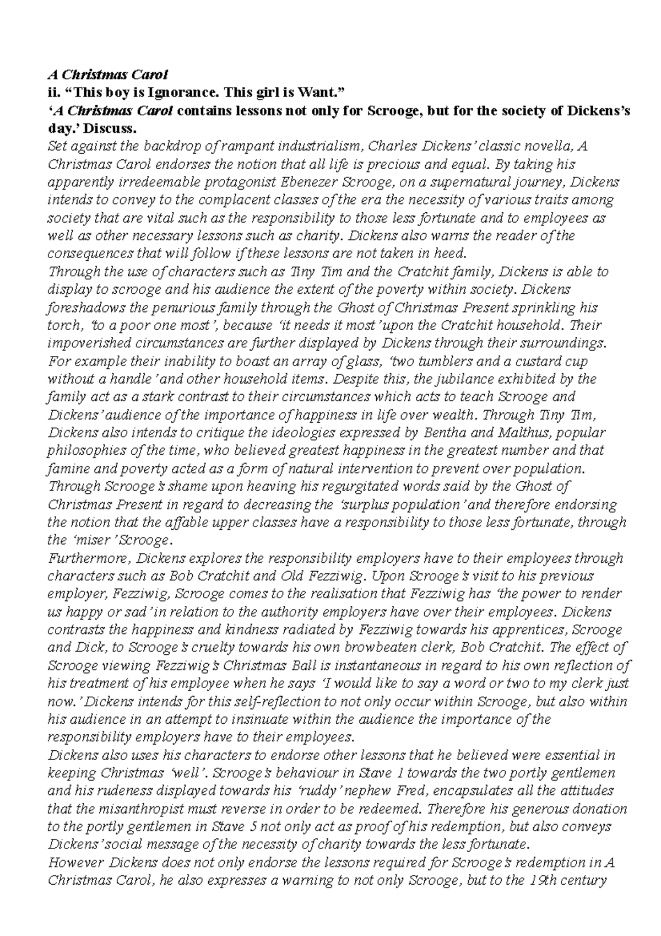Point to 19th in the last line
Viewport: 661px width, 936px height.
point(540,880)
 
